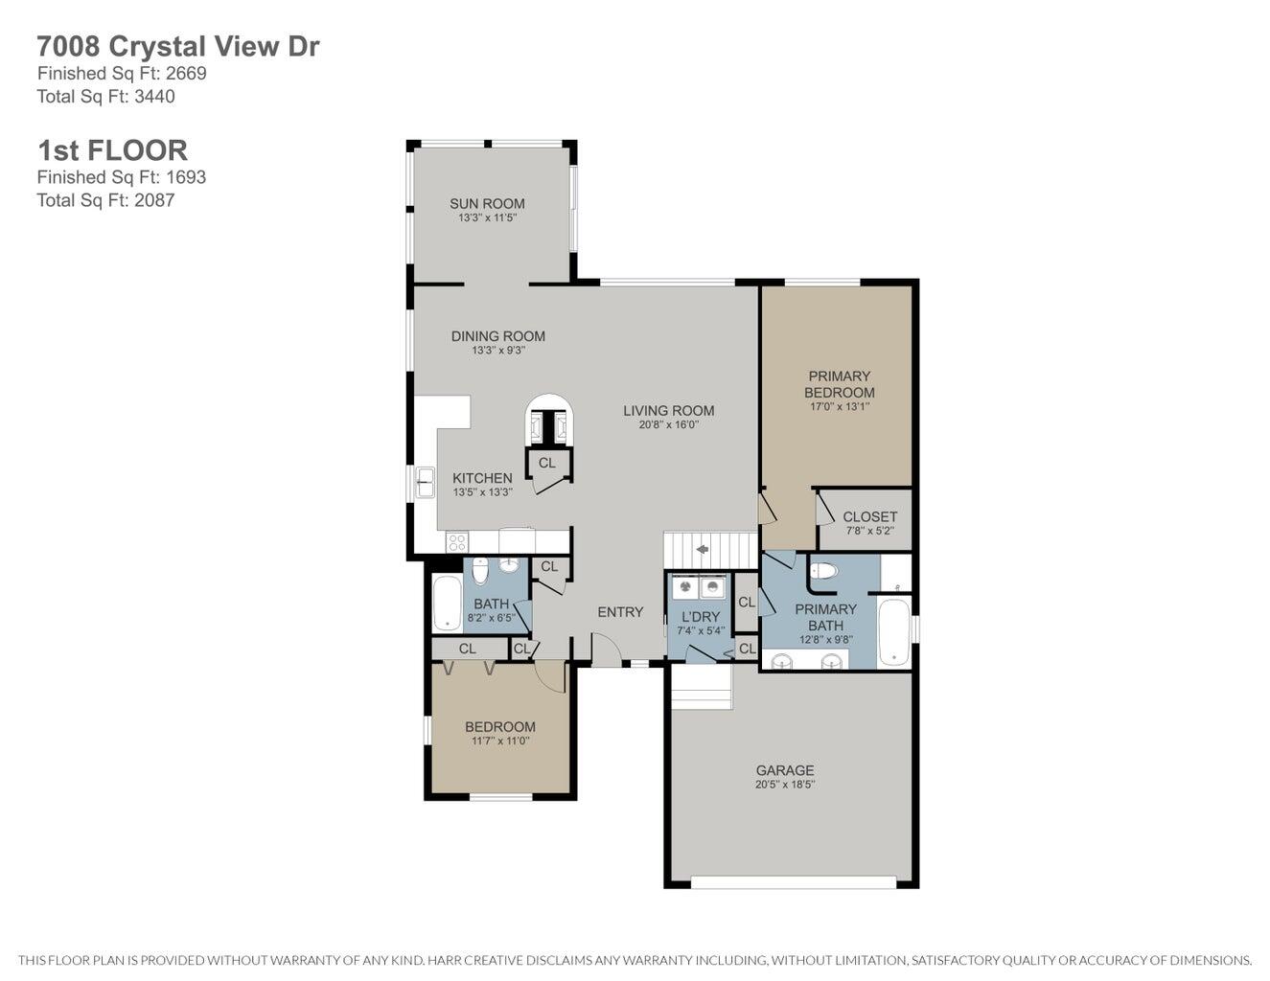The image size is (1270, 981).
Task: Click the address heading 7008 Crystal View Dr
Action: [x=177, y=46]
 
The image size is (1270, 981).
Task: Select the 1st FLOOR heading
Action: [x=112, y=150]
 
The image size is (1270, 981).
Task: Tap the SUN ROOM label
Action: [x=487, y=203]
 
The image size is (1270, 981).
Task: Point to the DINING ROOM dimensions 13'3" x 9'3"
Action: [x=497, y=351]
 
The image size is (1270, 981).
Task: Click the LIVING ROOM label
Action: [x=668, y=410]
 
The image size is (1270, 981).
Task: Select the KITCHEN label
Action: [x=482, y=478]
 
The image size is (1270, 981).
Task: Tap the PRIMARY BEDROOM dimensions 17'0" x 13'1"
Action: [x=839, y=406]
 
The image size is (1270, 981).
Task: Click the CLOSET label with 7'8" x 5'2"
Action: [x=869, y=516]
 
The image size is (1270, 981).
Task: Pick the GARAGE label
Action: [x=784, y=770]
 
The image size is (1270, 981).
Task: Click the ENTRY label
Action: [x=620, y=612]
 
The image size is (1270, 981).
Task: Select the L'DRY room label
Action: [x=700, y=617]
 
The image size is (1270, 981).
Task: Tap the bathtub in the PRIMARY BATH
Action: [x=893, y=631]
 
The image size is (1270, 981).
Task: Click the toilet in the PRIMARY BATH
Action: [x=824, y=572]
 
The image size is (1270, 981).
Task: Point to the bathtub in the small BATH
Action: [x=447, y=603]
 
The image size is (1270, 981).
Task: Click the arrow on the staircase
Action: [x=702, y=549]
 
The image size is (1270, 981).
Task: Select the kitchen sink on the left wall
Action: [x=424, y=482]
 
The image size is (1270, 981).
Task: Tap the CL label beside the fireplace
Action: [x=546, y=463]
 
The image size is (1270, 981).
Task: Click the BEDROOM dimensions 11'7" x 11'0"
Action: [x=499, y=741]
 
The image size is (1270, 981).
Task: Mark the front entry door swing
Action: [x=606, y=651]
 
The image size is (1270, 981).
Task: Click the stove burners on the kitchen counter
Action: [x=457, y=542]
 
